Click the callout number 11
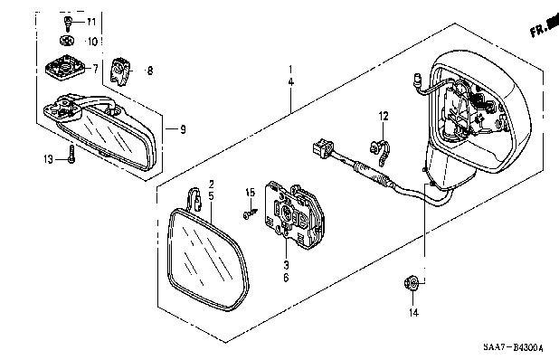coord(90,21)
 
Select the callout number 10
coord(90,42)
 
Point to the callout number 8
coord(150,70)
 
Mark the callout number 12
coord(382,116)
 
